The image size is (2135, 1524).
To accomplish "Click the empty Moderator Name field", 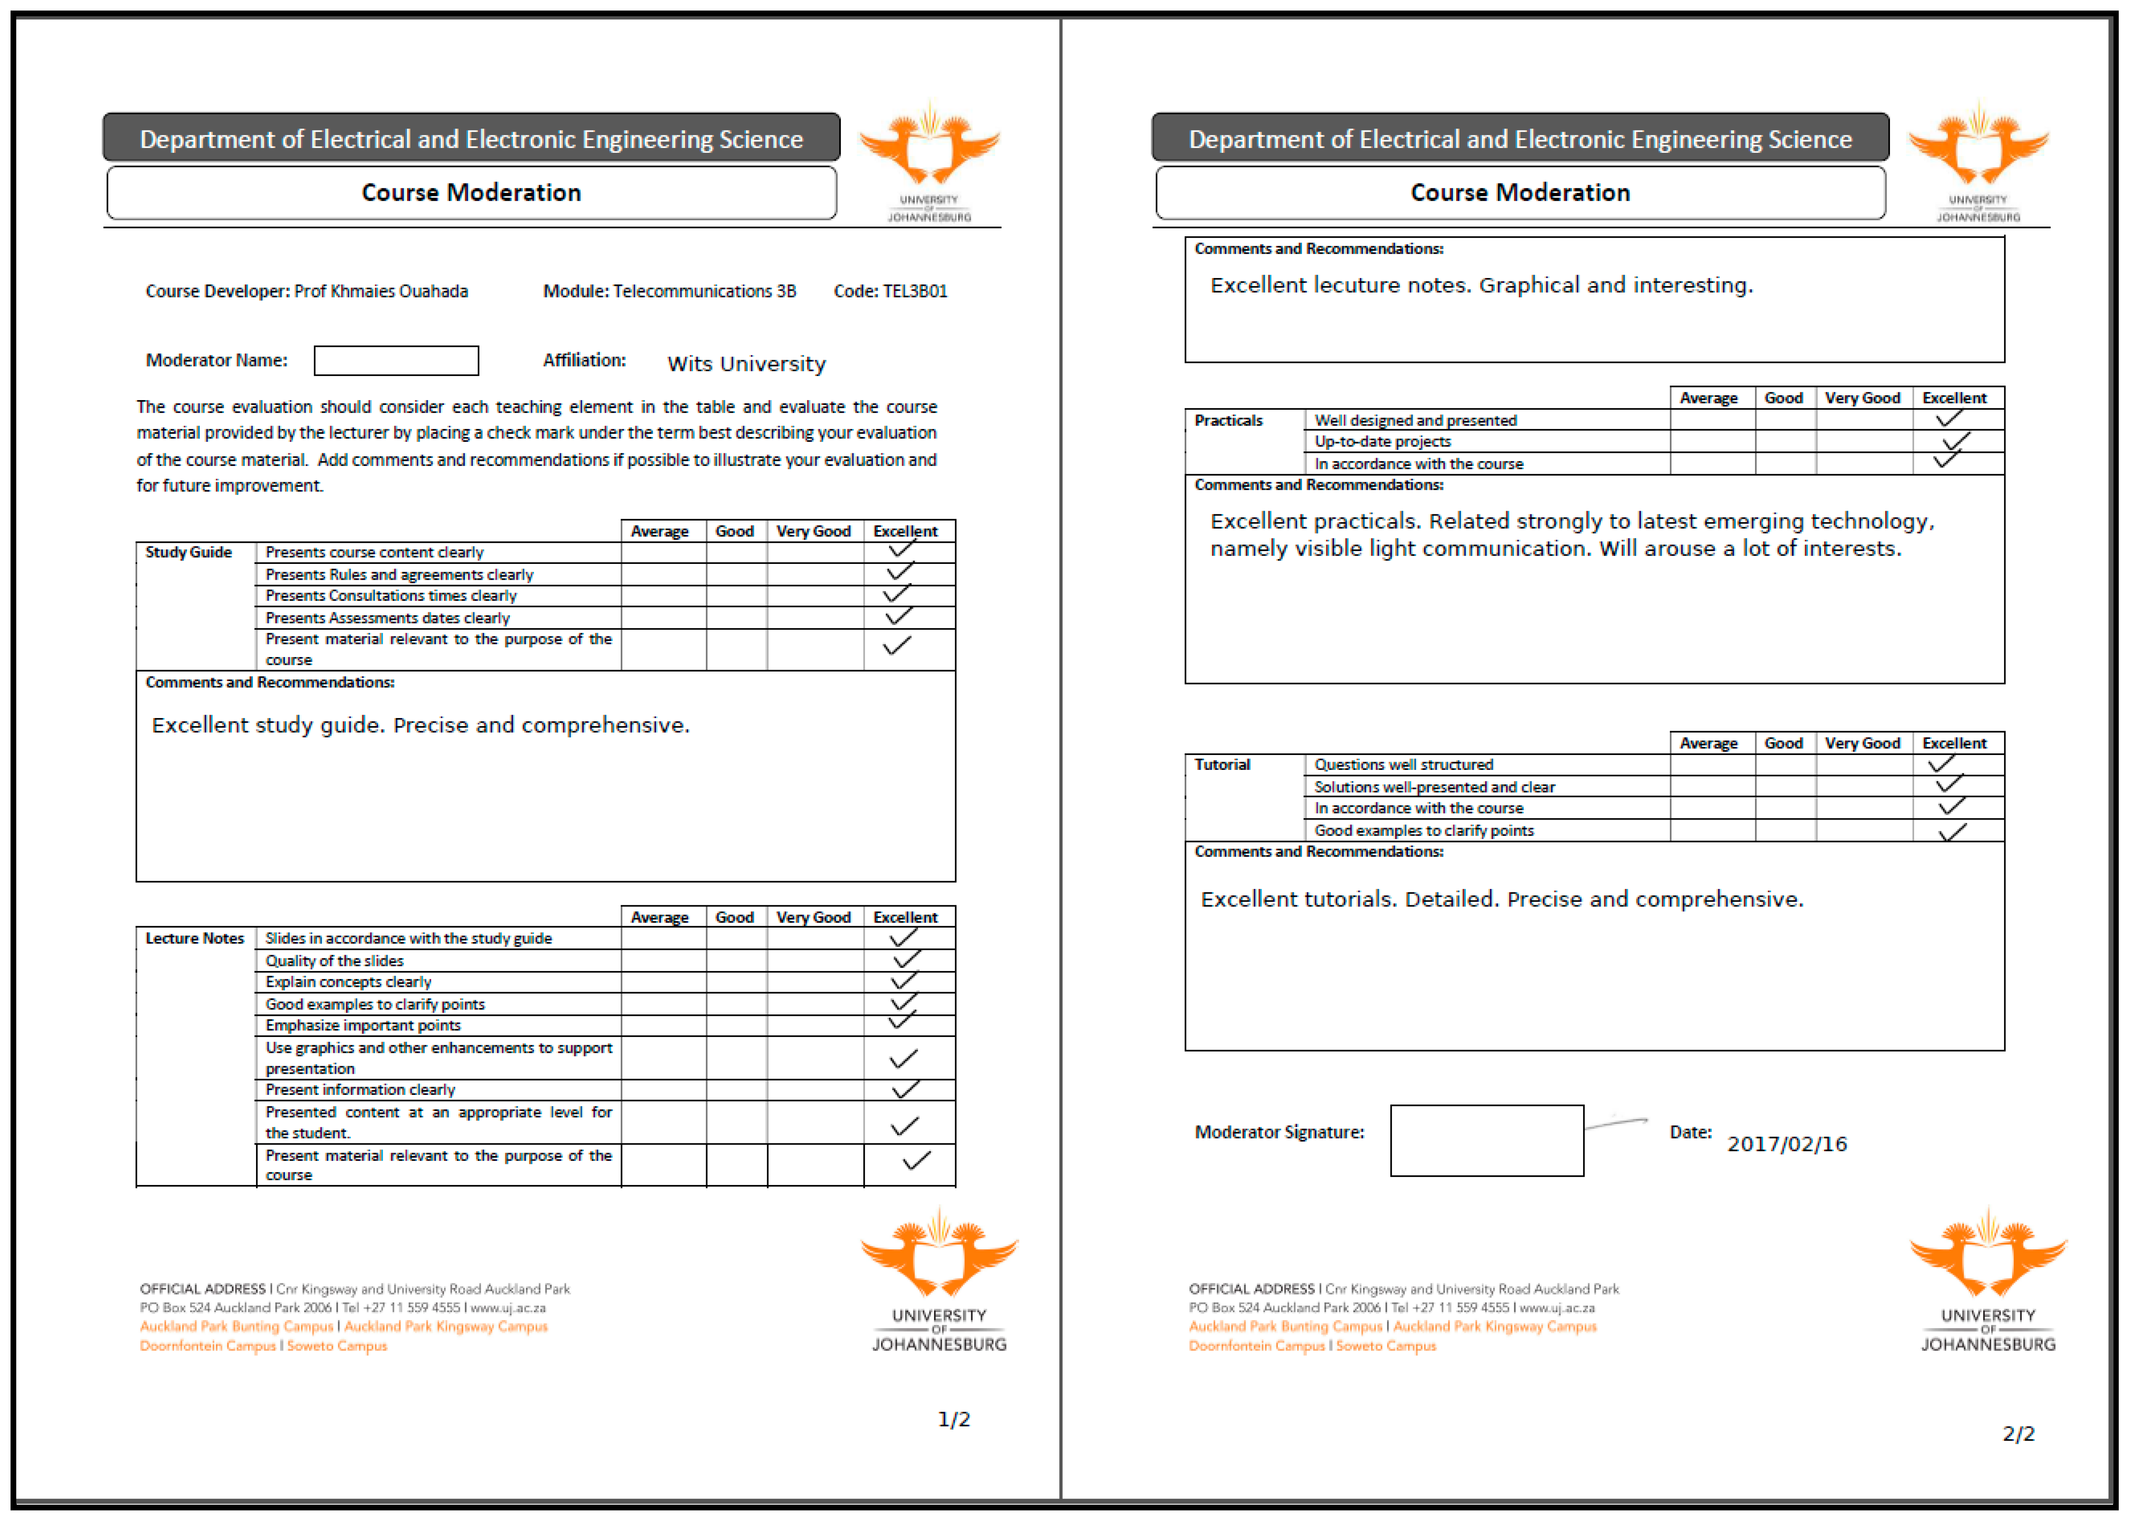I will pyautogui.click(x=396, y=360).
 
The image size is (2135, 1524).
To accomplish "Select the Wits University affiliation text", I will pyautogui.click(x=747, y=364).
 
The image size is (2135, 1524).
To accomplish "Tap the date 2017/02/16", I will pyautogui.click(x=1787, y=1144).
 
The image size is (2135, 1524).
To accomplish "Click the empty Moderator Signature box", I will pyautogui.click(x=1487, y=1140).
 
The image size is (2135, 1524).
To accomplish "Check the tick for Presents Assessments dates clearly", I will pyautogui.click(x=898, y=617).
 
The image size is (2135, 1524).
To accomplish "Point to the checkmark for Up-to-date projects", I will pyautogui.click(x=1956, y=441).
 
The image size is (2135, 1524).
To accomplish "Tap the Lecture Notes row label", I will pyautogui.click(x=194, y=939).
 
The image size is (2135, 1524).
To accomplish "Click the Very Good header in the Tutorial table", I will pyautogui.click(x=1862, y=743).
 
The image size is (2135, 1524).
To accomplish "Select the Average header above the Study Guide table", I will pyautogui.click(x=660, y=531).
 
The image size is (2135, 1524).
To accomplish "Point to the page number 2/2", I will pyautogui.click(x=2019, y=1434).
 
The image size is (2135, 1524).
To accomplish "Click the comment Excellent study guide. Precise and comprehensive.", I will pyautogui.click(x=420, y=726).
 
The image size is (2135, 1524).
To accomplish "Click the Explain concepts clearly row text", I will pyautogui.click(x=348, y=982).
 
